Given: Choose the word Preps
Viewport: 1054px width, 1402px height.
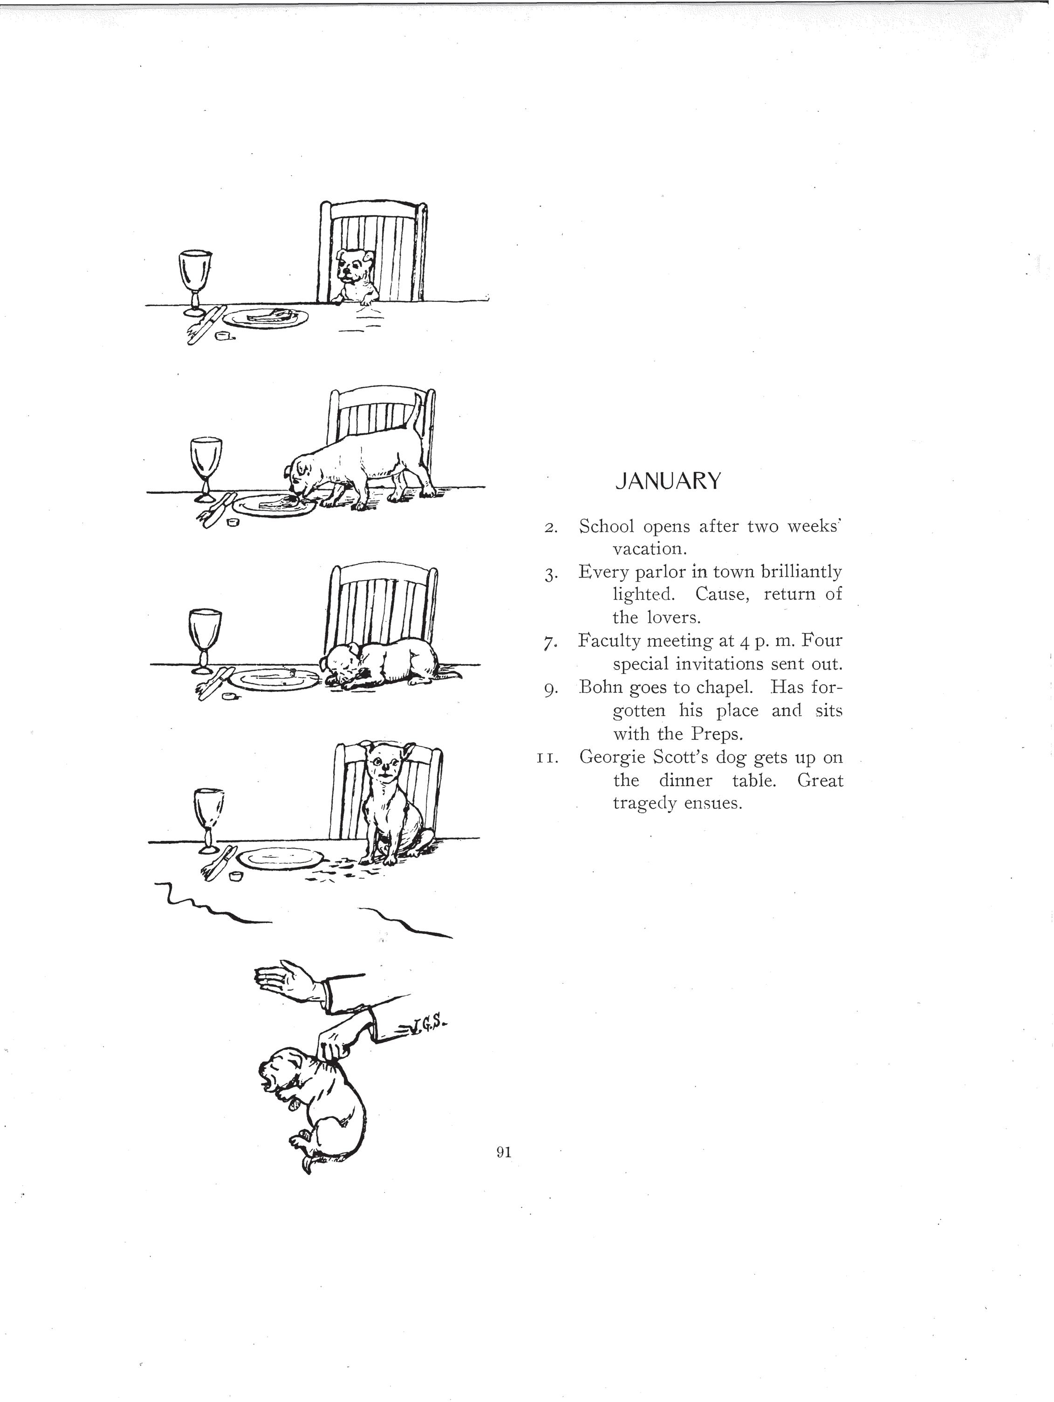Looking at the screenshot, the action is coord(716,734).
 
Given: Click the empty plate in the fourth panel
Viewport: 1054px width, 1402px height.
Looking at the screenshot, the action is coord(280,858).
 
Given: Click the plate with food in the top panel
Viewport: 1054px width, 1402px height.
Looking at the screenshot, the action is coord(266,317).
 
